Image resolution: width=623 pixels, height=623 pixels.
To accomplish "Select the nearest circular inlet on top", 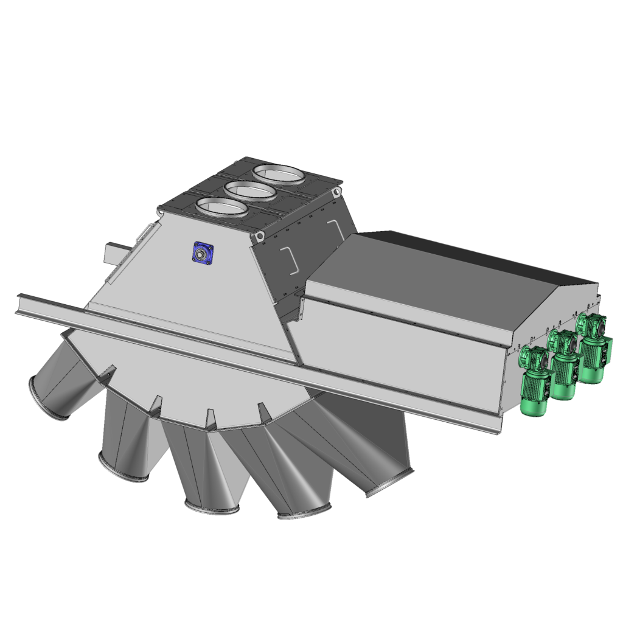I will pyautogui.click(x=221, y=208).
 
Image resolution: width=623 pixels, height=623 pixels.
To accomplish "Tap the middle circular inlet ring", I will pyautogui.click(x=249, y=191).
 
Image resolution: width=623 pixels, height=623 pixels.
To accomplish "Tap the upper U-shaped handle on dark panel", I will pyautogui.click(x=334, y=226).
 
